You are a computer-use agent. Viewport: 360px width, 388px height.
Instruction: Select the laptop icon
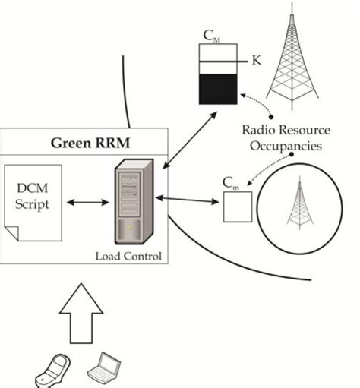[103, 368]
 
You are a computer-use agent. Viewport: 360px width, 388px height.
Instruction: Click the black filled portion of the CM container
[218, 89]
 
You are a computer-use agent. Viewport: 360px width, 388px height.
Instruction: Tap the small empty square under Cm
[237, 207]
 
